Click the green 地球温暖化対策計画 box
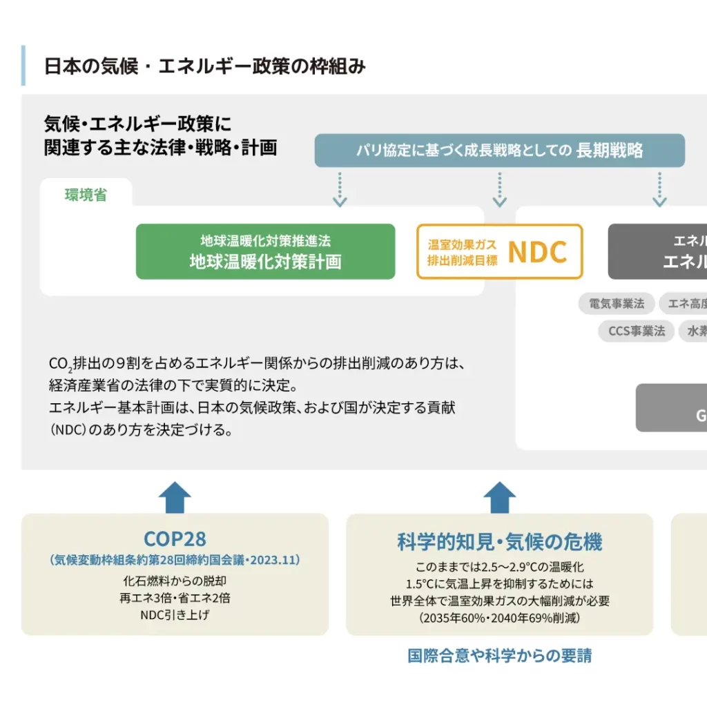265,251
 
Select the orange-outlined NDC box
499,251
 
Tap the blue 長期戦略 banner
499,151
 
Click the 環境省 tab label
86,195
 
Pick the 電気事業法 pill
617,303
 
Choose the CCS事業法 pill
636,331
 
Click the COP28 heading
175,539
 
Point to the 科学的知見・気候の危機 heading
499,542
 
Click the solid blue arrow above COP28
175,496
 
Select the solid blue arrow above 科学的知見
499,496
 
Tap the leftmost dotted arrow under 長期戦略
339,189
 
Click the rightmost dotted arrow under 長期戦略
660,189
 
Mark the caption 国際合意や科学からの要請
499,655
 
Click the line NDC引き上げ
175,614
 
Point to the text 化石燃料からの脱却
175,581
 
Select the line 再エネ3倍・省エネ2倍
175,598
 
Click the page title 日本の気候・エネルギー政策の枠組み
204,66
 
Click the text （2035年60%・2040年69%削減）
499,618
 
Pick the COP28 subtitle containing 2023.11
175,560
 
